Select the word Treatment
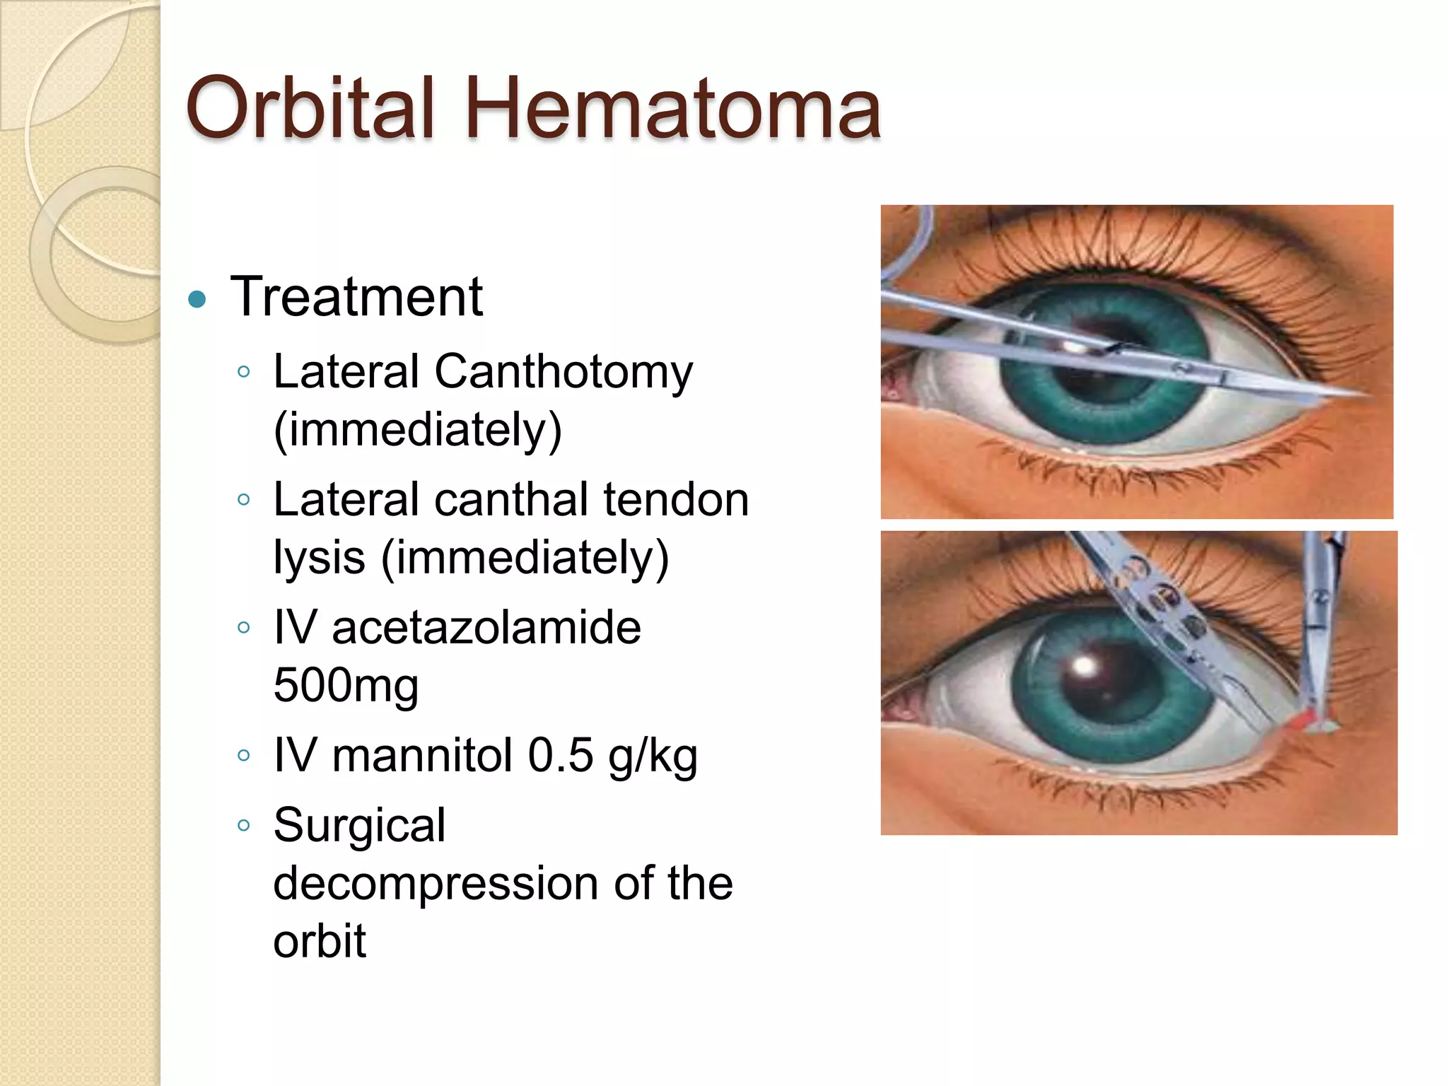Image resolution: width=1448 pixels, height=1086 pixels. tap(356, 297)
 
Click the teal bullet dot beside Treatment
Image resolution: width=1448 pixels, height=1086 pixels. tap(197, 300)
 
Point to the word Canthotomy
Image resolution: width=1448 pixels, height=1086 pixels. tap(564, 373)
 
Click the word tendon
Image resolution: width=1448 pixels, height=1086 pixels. tap(676, 500)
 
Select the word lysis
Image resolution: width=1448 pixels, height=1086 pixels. tap(319, 558)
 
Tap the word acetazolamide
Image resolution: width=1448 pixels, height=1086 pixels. tap(486, 628)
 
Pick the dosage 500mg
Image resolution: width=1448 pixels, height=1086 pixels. tap(346, 685)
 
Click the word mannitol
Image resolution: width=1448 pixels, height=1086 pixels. tap(422, 755)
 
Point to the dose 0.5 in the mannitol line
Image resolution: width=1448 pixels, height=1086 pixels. tap(560, 755)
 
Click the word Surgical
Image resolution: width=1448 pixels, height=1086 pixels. tap(359, 826)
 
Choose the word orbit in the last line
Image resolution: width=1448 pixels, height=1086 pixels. tap(320, 941)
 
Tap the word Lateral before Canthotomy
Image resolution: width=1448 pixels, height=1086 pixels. tap(346, 371)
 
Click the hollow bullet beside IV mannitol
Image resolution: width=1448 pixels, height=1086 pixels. tap(244, 755)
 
